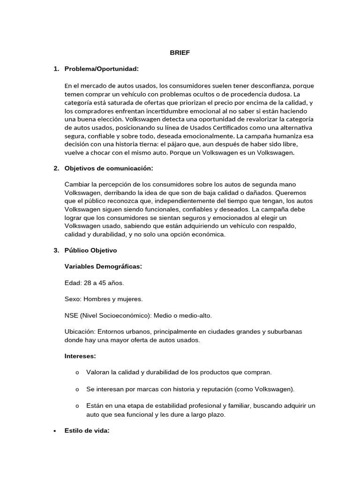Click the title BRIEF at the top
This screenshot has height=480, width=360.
tap(180, 53)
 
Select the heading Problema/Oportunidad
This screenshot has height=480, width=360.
tap(101, 69)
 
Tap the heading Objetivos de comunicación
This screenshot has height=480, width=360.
tap(109, 168)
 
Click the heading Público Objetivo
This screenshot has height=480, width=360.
tap(90, 250)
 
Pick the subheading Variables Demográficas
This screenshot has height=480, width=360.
tap(103, 267)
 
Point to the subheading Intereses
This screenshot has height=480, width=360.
tap(80, 356)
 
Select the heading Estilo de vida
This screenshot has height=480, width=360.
tap(87, 431)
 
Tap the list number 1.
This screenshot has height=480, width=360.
tap(56, 69)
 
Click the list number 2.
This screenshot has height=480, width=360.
tap(56, 168)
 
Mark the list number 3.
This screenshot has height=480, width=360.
tap(56, 250)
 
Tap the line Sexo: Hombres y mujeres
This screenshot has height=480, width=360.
tap(104, 299)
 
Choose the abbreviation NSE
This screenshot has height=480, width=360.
tap(72, 315)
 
